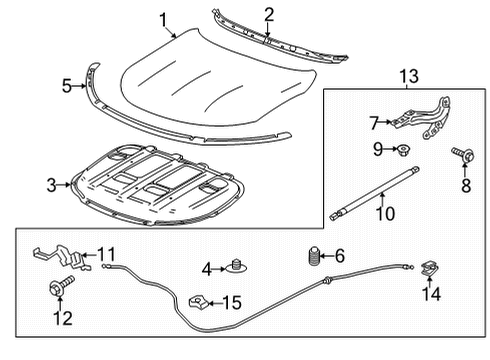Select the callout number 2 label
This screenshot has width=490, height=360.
[269, 13]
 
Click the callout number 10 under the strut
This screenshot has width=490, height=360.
[383, 213]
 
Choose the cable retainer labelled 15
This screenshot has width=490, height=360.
[198, 301]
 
